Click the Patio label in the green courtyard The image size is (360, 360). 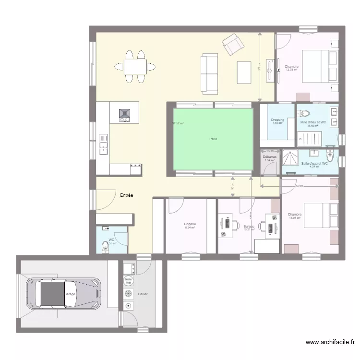pos(213,139)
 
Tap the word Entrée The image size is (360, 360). pos(126,195)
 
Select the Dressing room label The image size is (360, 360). pos(277,120)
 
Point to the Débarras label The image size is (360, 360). pos(269,157)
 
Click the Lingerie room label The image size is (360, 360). pos(190,224)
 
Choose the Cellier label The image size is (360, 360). pos(143,294)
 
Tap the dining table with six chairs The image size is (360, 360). pos(135,67)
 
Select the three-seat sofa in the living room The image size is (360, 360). pos(209,74)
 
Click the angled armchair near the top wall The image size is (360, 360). pos(233,45)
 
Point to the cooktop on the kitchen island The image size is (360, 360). pos(124,113)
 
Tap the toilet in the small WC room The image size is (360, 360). pos(105,246)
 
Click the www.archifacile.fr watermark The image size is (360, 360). pos(330,342)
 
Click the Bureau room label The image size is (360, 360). pos(248,227)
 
